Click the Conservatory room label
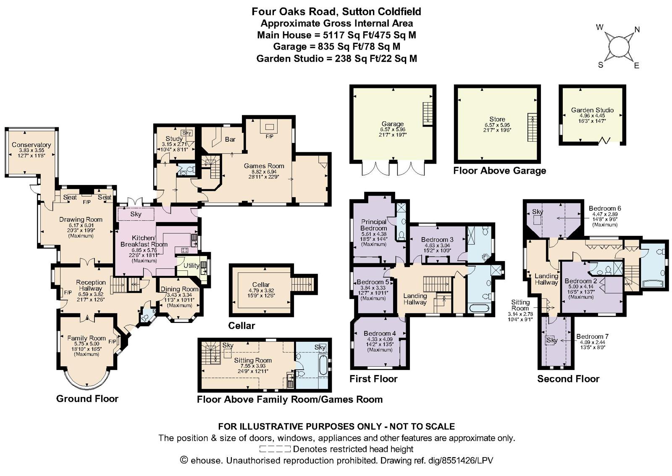(31, 145)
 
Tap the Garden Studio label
(592, 110)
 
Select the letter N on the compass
(637, 29)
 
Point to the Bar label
(230, 139)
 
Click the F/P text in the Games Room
(269, 137)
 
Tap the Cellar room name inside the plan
(261, 284)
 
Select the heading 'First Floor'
(373, 379)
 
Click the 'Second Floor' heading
(568, 379)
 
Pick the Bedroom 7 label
(592, 336)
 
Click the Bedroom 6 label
(605, 209)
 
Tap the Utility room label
(191, 265)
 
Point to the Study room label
(174, 139)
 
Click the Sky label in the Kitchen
(136, 214)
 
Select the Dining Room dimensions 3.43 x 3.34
(179, 295)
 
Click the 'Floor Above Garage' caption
(499, 171)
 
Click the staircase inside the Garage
(427, 114)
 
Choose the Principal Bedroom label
(373, 225)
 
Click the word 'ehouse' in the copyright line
(206, 460)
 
